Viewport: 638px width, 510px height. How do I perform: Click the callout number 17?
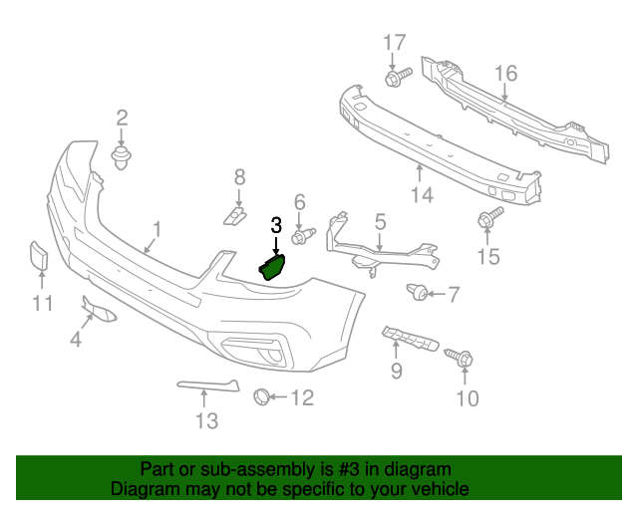point(395,43)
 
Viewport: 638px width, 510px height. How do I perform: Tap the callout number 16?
point(505,73)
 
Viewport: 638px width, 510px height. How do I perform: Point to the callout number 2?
point(123,118)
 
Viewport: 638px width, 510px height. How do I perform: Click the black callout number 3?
point(276,226)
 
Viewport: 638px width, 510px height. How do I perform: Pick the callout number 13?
point(205,421)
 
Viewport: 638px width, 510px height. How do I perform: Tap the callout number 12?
point(301,398)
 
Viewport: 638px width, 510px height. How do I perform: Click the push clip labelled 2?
point(123,157)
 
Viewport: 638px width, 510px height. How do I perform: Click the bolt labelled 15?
point(488,219)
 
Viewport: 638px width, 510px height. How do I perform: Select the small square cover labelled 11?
point(37,257)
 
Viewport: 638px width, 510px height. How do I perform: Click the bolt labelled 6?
point(301,237)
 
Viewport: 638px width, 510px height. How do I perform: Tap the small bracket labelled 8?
point(231,214)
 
